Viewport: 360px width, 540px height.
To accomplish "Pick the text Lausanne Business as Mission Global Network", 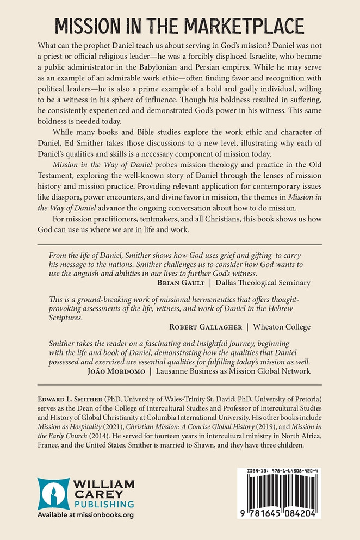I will (x=233, y=371).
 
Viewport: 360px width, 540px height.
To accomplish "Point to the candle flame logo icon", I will (x=54, y=494).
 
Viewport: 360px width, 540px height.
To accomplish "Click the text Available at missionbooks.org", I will (x=85, y=514).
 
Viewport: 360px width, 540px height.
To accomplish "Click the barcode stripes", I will (x=278, y=492).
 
